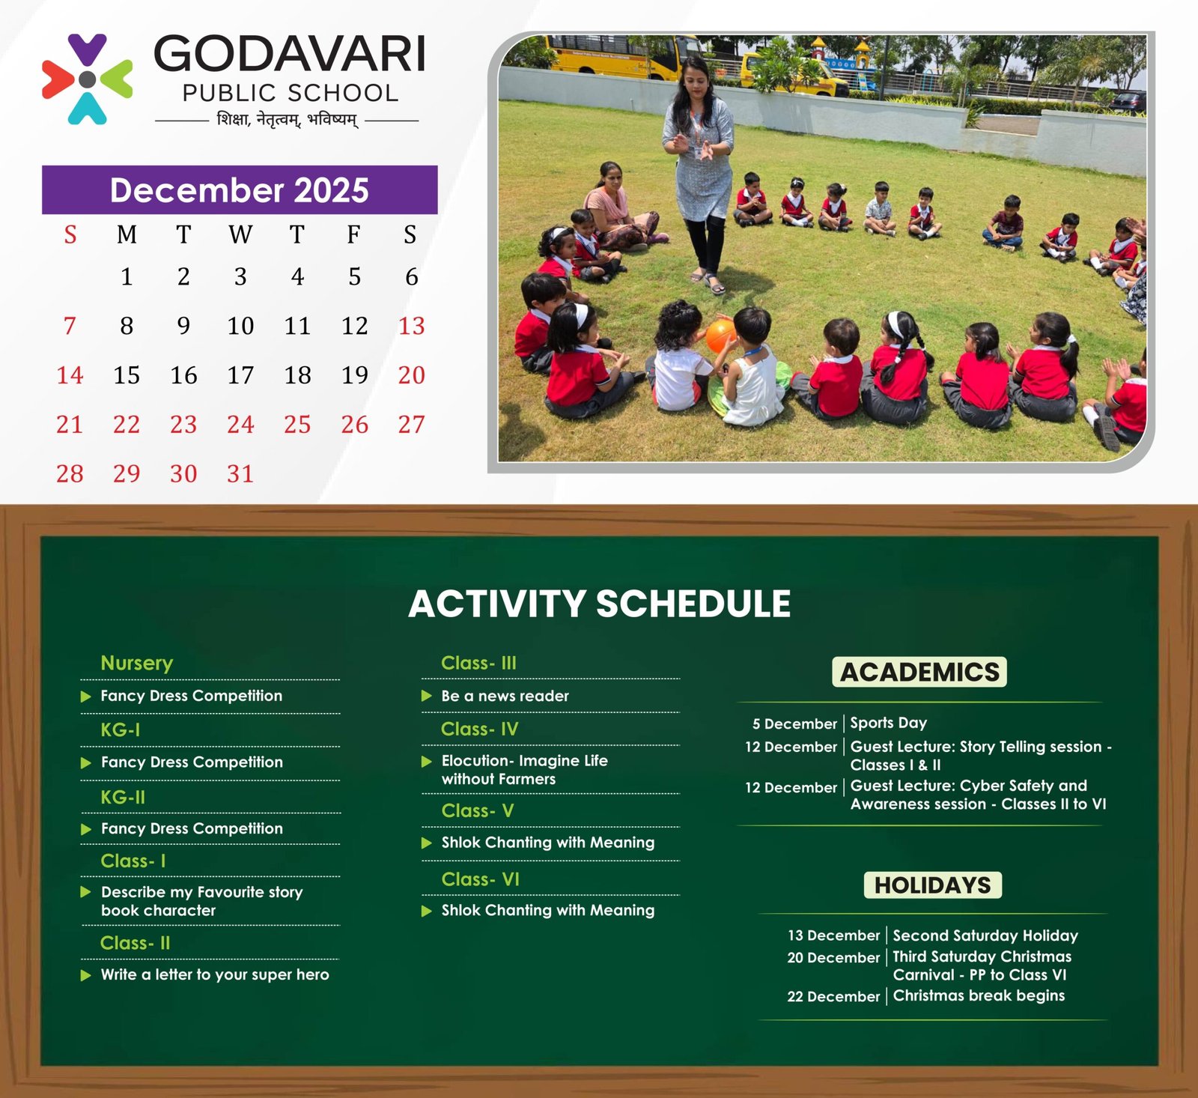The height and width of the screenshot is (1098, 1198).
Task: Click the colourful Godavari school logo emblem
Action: pos(88,79)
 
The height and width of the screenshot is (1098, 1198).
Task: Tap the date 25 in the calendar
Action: pos(297,425)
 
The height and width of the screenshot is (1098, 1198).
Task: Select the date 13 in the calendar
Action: pos(411,326)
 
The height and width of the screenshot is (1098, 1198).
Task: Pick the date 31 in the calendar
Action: pos(240,473)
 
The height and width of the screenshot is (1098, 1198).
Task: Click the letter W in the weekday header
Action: pos(240,234)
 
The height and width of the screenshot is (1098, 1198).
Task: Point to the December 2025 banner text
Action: pos(240,190)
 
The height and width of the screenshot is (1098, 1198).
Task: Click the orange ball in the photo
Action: pos(720,335)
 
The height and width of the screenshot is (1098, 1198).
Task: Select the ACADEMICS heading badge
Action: pos(919,672)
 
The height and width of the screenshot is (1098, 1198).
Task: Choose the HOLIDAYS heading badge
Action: pos(933,885)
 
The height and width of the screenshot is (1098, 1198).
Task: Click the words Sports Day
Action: pos(888,723)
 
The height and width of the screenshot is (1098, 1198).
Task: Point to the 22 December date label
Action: pos(833,996)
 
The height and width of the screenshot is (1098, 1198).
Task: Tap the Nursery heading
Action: pos(137,663)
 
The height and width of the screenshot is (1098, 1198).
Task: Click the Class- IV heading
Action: pos(479,729)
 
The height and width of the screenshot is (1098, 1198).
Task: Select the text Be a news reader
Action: pos(505,696)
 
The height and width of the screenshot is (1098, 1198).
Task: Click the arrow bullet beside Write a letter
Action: pos(86,975)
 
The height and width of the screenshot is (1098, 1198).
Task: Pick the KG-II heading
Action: pos(123,797)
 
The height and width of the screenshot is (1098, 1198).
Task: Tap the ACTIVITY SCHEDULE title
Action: pos(599,604)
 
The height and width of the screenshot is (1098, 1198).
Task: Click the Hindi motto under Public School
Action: pos(288,120)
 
